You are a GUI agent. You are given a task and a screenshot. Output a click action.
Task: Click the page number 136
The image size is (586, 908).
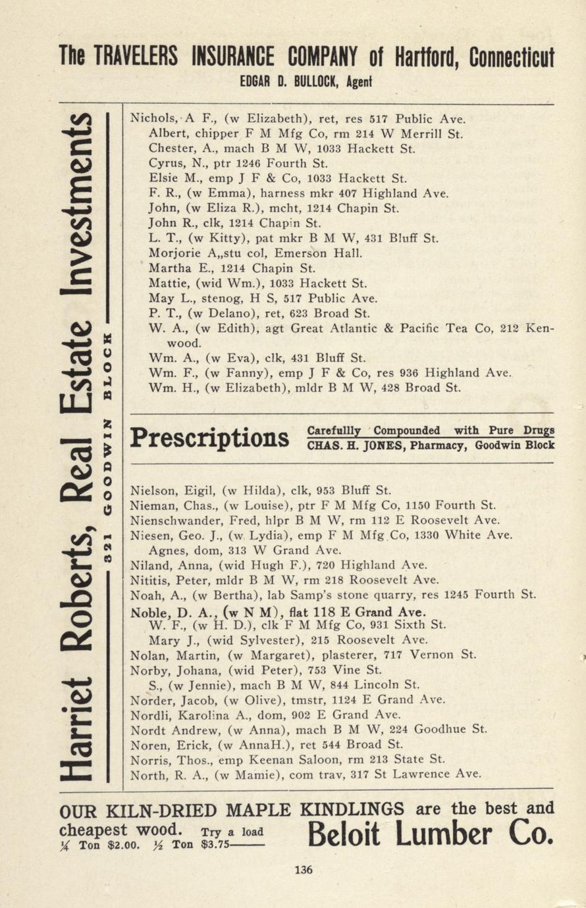pyautogui.click(x=304, y=870)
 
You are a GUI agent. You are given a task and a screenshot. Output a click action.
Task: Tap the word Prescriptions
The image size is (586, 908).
pyautogui.click(x=210, y=438)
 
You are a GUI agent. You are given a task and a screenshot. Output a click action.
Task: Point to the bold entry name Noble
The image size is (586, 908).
pyautogui.click(x=150, y=611)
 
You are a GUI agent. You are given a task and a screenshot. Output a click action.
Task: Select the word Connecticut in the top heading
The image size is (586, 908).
pyautogui.click(x=512, y=57)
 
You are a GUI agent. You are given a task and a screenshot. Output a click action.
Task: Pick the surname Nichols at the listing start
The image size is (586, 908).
pyautogui.click(x=153, y=119)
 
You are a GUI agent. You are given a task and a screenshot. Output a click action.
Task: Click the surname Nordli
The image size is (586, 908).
pyautogui.click(x=151, y=715)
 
